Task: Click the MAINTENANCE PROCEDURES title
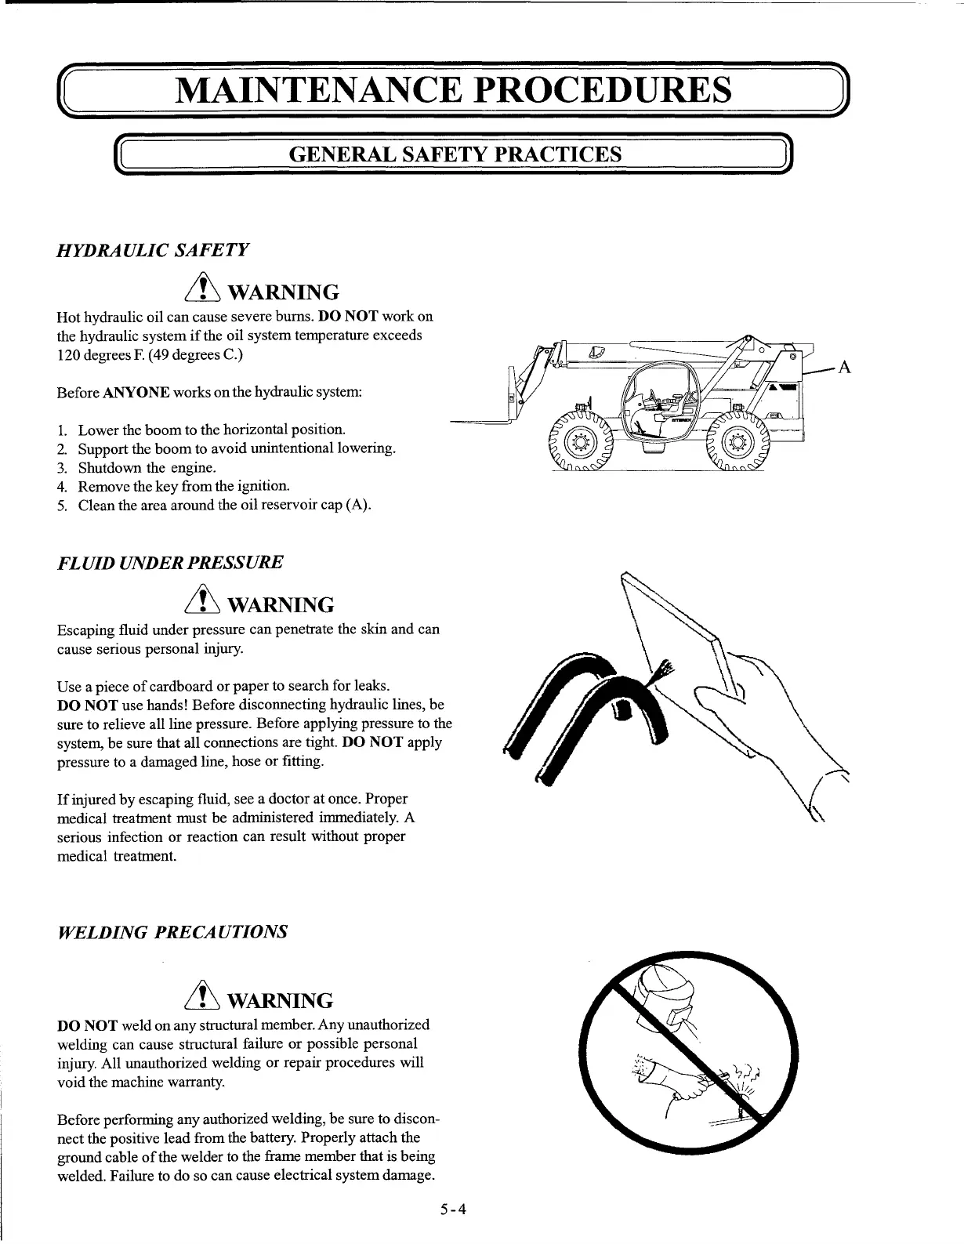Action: (x=454, y=90)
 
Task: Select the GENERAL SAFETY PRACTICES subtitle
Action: (x=455, y=154)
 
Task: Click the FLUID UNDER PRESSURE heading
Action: (x=170, y=562)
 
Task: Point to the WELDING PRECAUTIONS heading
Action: (x=173, y=932)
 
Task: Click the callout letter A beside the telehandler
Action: (x=845, y=367)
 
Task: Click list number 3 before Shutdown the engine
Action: (x=62, y=468)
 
